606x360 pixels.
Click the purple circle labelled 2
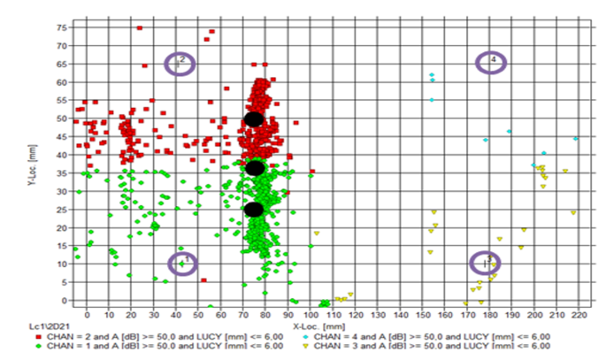pos(180,63)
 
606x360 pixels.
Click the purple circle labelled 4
pos(492,62)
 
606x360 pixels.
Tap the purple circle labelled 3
pos(486,263)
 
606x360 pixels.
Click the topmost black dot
pos(254,119)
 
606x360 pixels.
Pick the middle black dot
pos(255,168)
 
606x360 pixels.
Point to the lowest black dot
pos(254,210)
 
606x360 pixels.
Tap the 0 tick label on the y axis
pos(64,301)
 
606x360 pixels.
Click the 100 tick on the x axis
pos(311,315)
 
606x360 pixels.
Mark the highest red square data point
pos(140,28)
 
